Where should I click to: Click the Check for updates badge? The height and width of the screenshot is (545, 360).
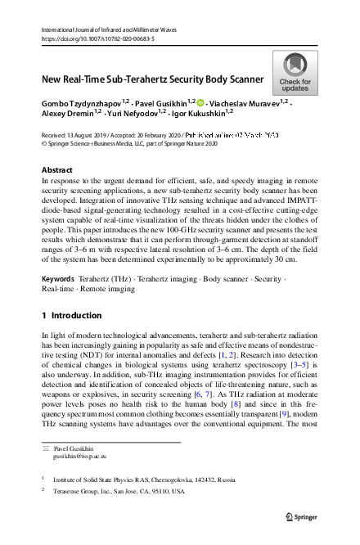[295, 74]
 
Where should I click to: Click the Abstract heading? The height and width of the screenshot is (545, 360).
[56, 169]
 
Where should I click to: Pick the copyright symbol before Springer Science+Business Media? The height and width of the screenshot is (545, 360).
[44, 142]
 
